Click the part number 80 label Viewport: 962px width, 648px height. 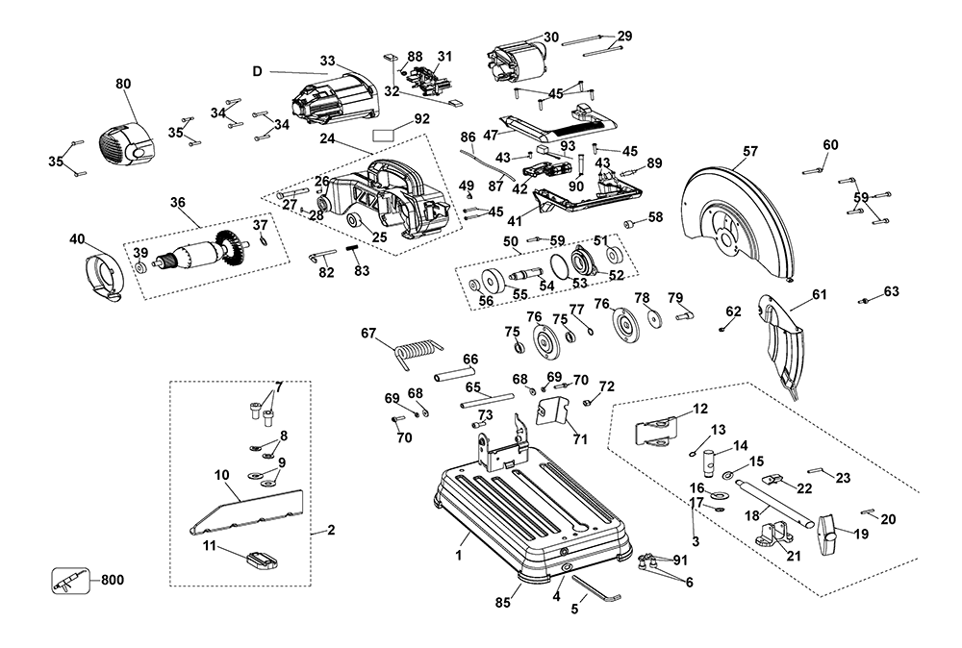click(123, 85)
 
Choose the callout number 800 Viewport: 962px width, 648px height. click(112, 580)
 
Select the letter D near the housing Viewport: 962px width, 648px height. click(258, 71)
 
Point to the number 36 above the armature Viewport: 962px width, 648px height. click(177, 202)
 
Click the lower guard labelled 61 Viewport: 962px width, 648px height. click(784, 336)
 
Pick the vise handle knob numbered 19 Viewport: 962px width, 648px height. click(828, 528)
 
